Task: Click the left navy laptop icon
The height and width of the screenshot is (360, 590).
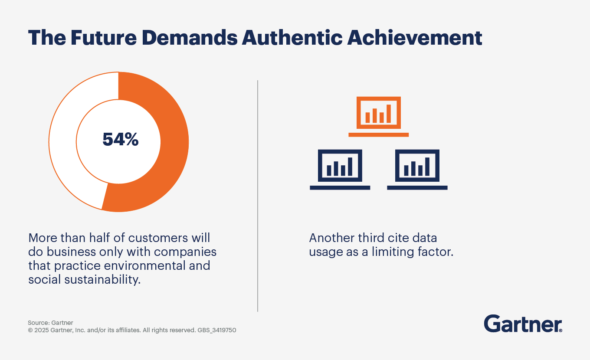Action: pyautogui.click(x=340, y=169)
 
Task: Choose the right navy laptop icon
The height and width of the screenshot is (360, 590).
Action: pyautogui.click(x=417, y=169)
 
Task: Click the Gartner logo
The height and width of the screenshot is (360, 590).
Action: pyautogui.click(x=523, y=324)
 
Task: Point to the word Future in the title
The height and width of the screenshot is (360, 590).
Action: pyautogui.click(x=103, y=38)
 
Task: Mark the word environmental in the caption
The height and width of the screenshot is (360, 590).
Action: pyautogui.click(x=140, y=265)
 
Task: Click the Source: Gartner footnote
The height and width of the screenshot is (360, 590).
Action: pyautogui.click(x=50, y=323)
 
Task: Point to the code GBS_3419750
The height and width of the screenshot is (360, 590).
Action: pyautogui.click(x=216, y=330)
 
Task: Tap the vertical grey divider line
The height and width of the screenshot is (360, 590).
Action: pyautogui.click(x=258, y=195)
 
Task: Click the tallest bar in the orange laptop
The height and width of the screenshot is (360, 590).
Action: pyautogui.click(x=389, y=114)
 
